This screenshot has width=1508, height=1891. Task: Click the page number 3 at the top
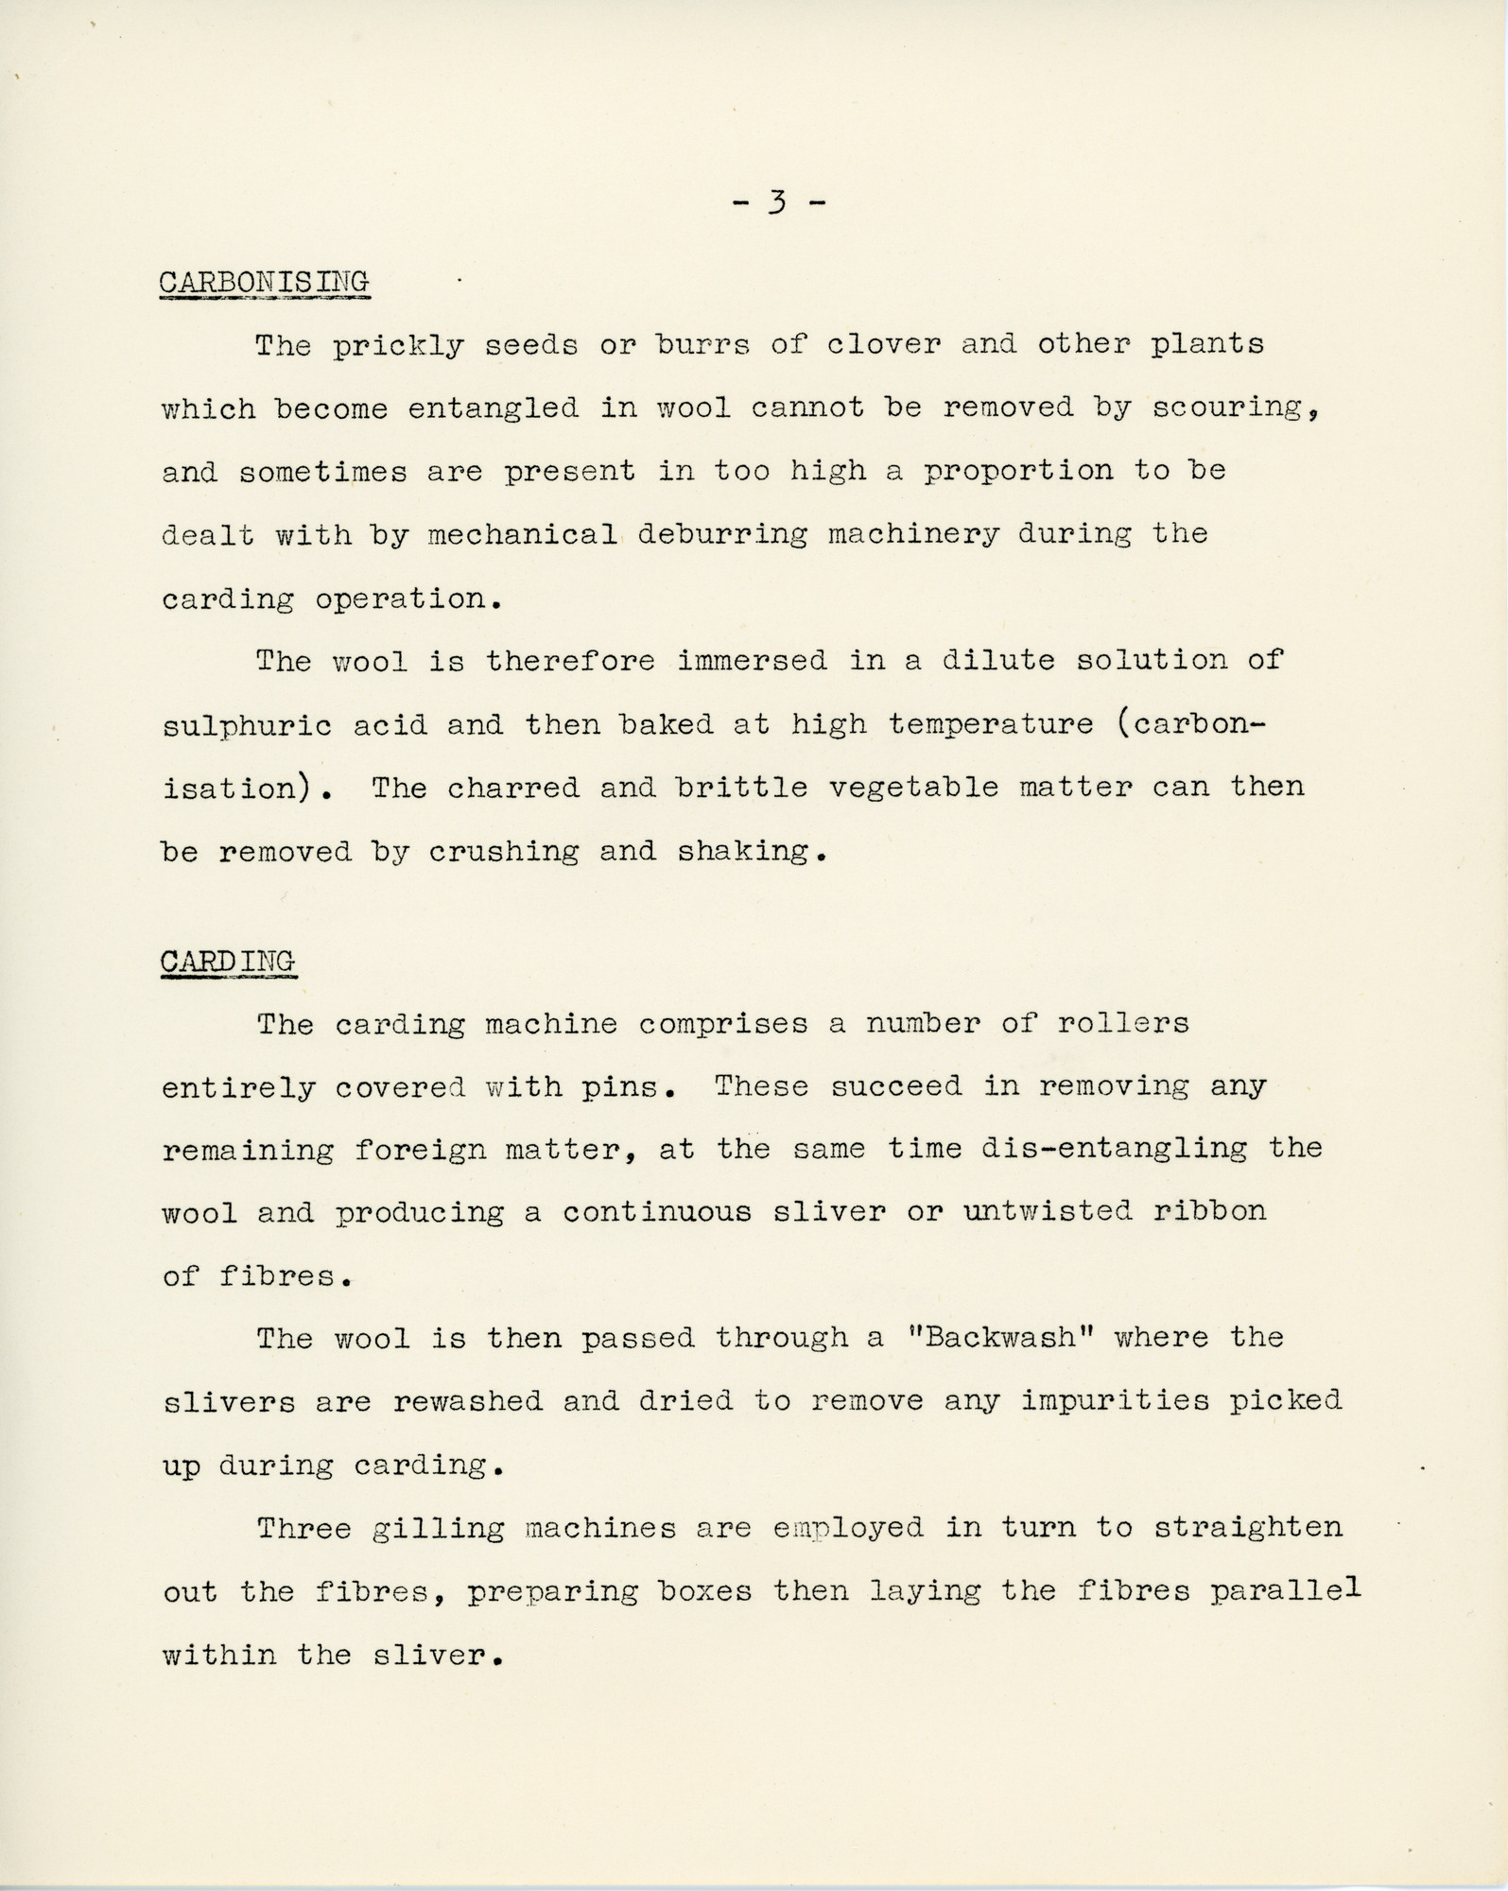pos(777,203)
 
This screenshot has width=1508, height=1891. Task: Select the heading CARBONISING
pos(264,282)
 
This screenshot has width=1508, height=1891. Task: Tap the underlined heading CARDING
pos(228,961)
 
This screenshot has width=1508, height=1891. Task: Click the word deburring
pos(722,535)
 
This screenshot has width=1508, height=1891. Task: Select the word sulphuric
pos(247,726)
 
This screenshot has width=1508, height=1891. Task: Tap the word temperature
pos(990,726)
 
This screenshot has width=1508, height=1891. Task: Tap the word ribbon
pos(1208,1211)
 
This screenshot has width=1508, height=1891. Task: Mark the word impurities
pos(1115,1400)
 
